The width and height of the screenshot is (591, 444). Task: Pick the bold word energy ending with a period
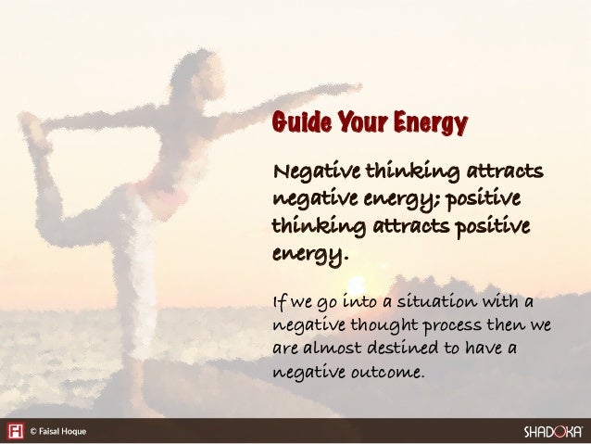click(307, 253)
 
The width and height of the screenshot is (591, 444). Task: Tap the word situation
click(451, 300)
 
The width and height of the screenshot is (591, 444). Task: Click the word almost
click(334, 349)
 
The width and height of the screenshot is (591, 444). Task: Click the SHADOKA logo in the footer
click(553, 431)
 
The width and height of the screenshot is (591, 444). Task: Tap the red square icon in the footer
click(15, 431)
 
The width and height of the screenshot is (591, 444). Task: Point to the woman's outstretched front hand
click(349, 89)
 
